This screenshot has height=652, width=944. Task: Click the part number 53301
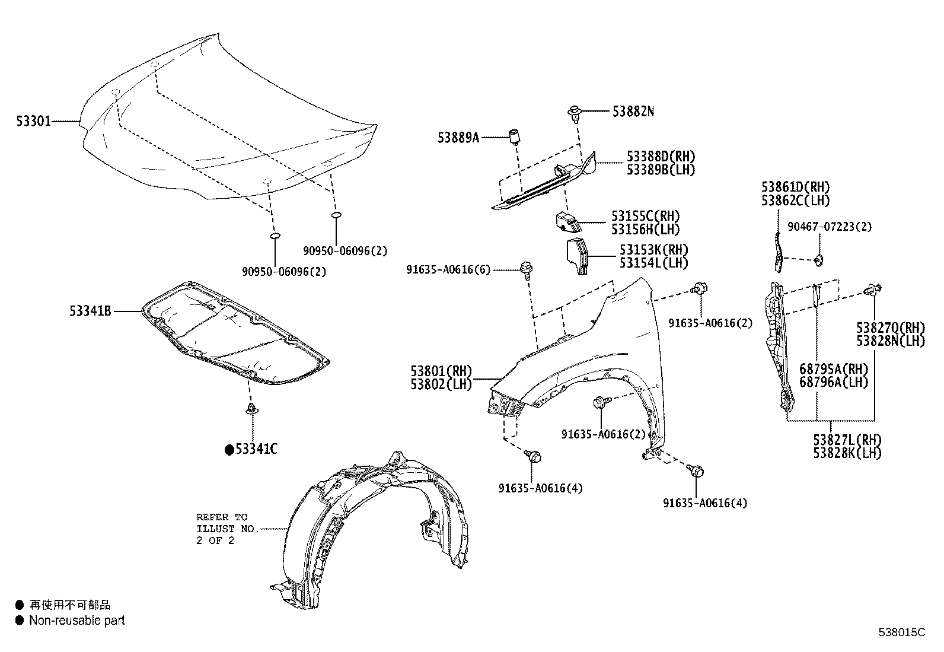(x=34, y=122)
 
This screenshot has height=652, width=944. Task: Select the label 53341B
(x=90, y=310)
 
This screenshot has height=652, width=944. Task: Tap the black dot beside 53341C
(x=229, y=450)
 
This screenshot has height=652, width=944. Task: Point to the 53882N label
(x=633, y=111)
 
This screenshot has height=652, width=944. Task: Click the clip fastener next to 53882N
(x=574, y=111)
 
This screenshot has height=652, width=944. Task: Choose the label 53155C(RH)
(x=646, y=216)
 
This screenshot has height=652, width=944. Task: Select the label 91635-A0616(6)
(x=448, y=270)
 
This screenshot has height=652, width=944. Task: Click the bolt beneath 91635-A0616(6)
(x=525, y=268)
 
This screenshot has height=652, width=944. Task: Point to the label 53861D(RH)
(x=796, y=188)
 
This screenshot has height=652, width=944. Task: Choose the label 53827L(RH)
(x=847, y=440)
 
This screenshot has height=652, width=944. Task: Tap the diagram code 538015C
(x=901, y=632)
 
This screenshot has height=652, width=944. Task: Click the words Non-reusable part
(x=77, y=621)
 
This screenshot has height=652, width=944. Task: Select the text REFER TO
(x=222, y=517)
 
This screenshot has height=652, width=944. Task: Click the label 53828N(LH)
(x=889, y=341)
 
